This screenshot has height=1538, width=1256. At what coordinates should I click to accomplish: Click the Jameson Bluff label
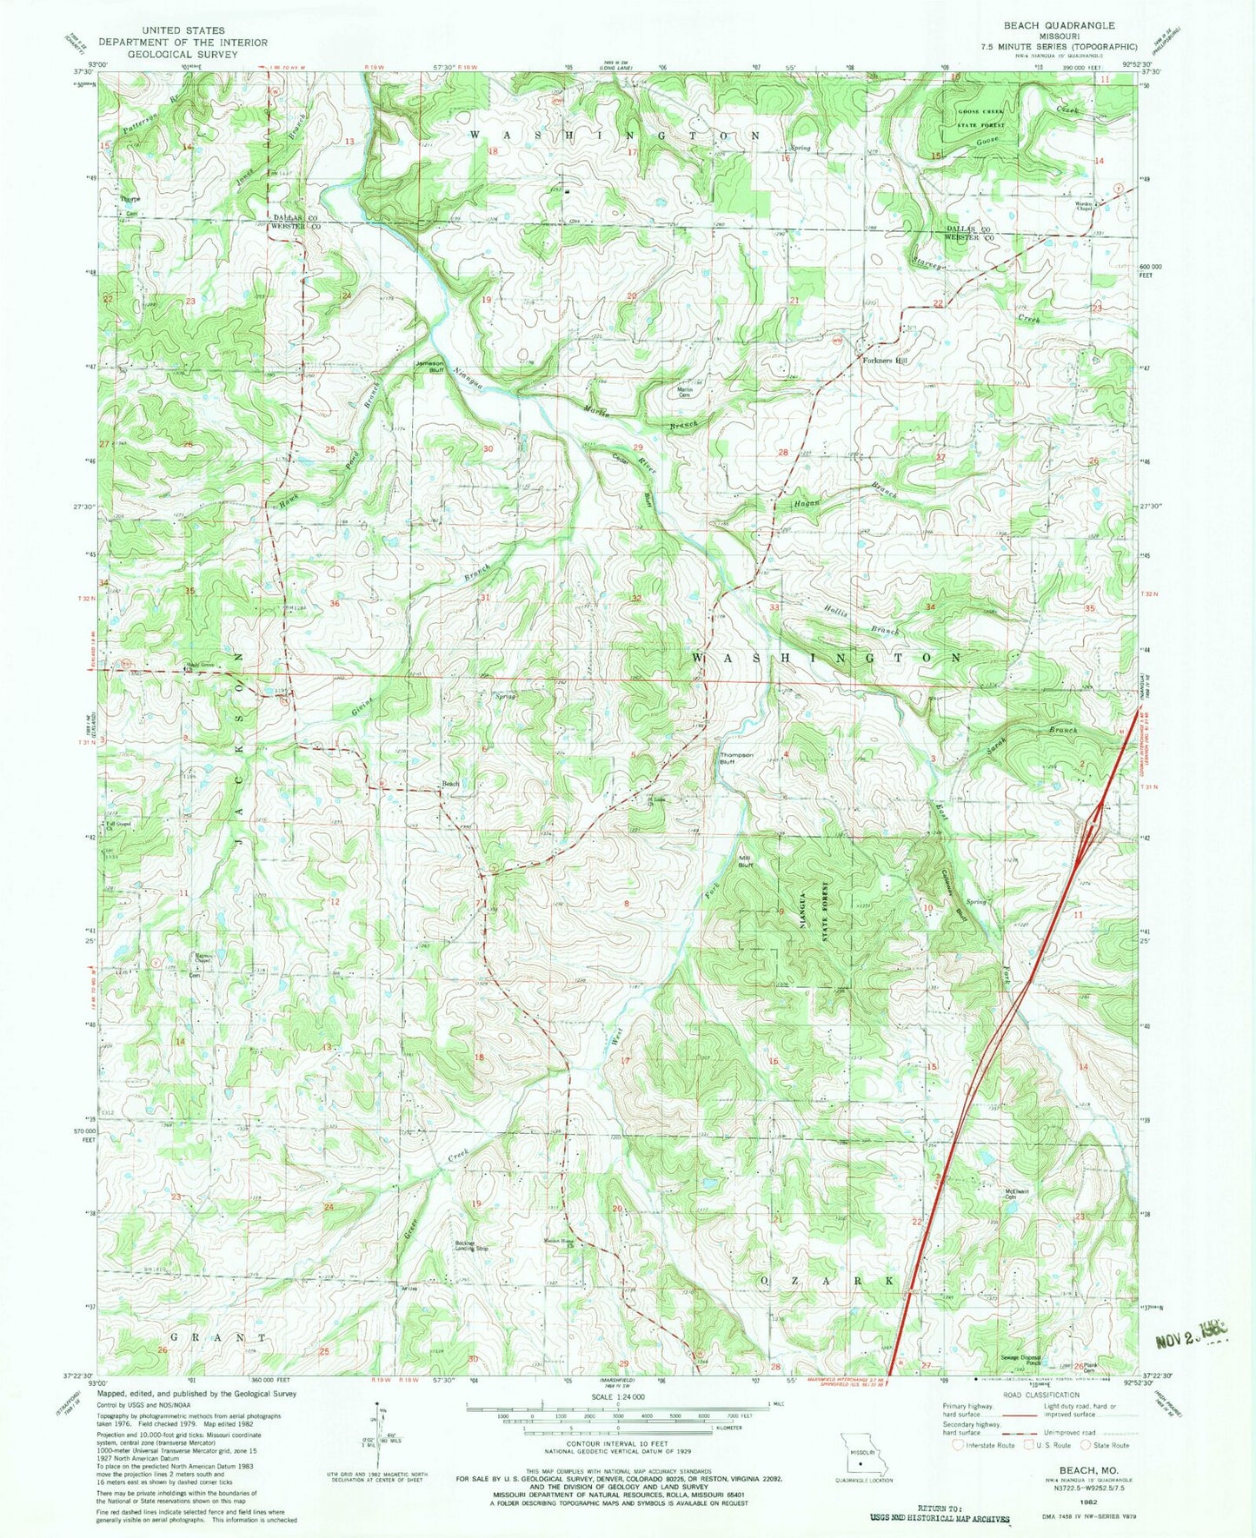[x=429, y=366]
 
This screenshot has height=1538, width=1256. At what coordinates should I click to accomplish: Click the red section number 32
[x=636, y=598]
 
